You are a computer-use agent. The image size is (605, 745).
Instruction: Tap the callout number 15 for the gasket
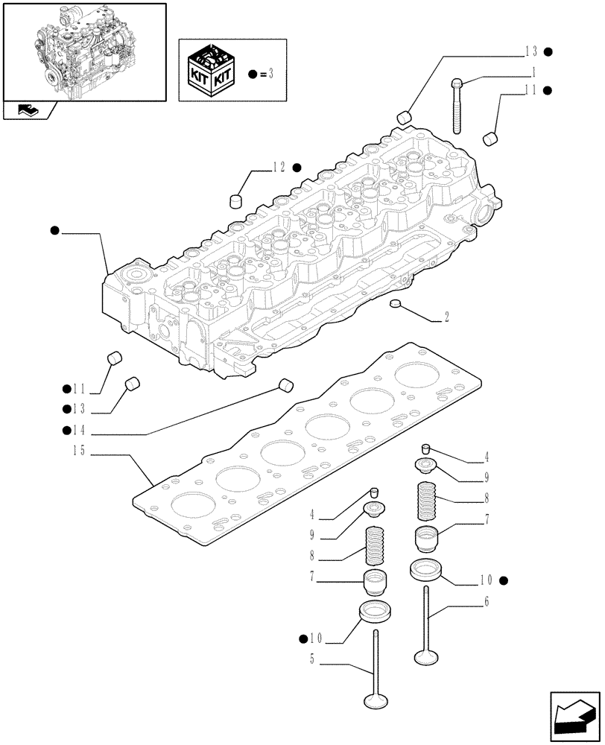click(80, 451)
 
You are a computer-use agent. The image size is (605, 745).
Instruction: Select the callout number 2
click(446, 317)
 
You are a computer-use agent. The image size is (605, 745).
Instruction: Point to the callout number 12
click(278, 168)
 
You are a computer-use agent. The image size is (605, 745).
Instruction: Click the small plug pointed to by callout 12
click(236, 200)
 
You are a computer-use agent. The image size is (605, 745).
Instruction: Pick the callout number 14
click(80, 430)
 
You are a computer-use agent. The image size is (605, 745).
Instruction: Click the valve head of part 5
click(374, 700)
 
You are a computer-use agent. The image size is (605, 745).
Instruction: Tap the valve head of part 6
click(424, 656)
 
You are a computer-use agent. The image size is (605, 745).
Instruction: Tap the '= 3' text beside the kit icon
click(268, 74)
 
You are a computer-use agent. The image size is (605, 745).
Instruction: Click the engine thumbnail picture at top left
click(83, 51)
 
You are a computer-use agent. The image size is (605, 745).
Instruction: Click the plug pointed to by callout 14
click(285, 384)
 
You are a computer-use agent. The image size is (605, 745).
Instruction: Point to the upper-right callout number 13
click(530, 51)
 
